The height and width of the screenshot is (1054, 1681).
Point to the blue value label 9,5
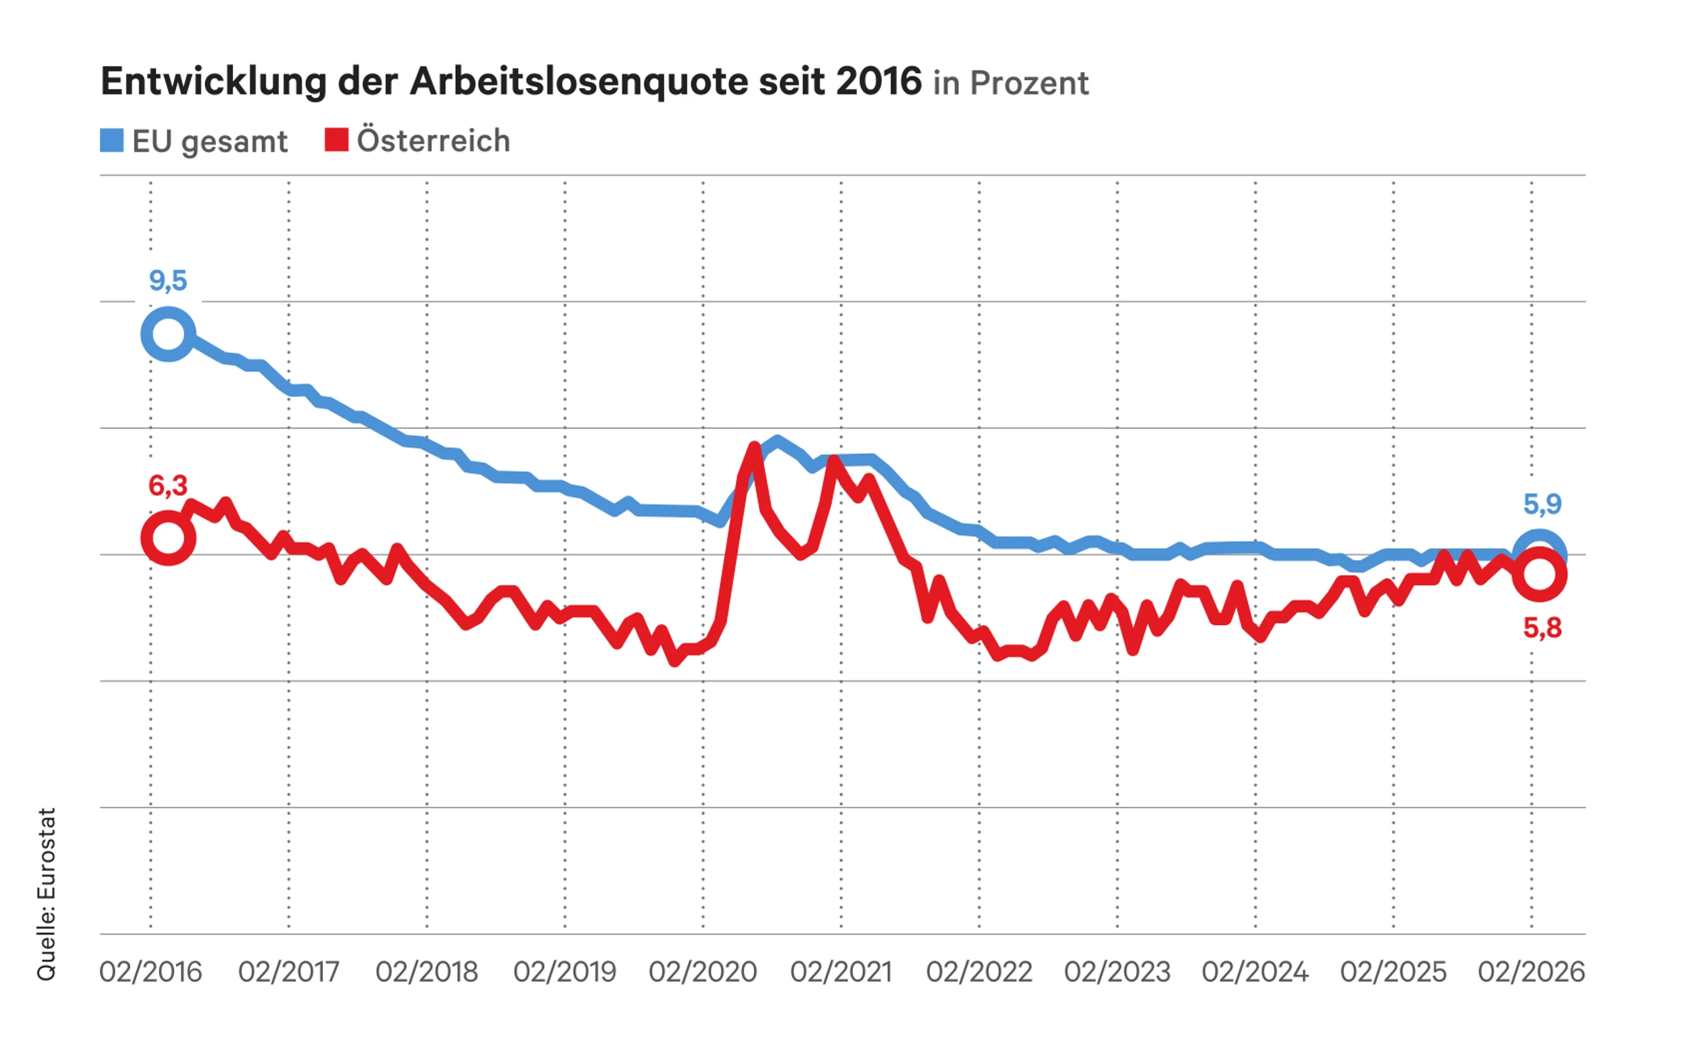point(168,281)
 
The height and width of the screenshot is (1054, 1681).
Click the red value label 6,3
point(168,486)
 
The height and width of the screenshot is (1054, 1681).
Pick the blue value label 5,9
point(1542,504)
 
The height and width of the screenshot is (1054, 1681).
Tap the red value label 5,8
point(1542,628)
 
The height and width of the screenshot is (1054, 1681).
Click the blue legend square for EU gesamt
point(112,140)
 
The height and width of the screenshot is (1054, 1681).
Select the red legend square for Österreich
point(336,140)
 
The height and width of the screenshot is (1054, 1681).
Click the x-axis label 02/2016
point(150,972)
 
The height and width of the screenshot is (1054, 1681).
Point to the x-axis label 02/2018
point(427,972)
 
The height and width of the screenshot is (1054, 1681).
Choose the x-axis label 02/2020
point(703,972)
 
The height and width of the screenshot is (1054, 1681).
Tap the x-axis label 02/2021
point(840,972)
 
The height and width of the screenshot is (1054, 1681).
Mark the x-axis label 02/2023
point(1116,972)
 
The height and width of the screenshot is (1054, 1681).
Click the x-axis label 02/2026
point(1531,972)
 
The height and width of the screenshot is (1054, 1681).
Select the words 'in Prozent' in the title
point(1011,83)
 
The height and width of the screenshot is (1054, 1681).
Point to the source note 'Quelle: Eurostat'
point(47,894)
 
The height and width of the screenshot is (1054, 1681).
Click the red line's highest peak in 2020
point(754,446)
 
